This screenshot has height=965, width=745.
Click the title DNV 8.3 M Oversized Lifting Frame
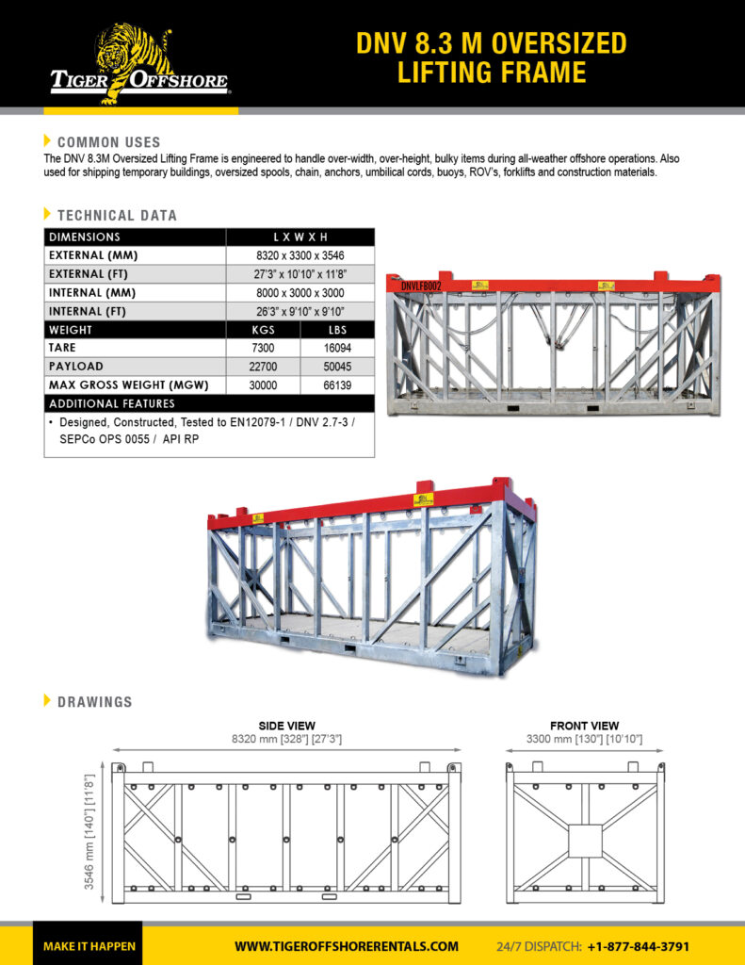coord(491,57)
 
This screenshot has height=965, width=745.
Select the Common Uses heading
coord(108,142)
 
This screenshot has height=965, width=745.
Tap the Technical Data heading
coord(116,216)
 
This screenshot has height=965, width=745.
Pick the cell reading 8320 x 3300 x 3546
coord(300,255)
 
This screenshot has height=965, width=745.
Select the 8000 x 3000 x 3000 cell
coord(300,293)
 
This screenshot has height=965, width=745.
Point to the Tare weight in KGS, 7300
coord(263,348)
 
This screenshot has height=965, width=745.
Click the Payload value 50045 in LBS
coord(337,367)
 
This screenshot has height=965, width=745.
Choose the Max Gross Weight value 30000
coord(263,384)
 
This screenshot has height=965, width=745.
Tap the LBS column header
coord(337,330)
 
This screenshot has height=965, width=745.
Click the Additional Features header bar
coord(208,403)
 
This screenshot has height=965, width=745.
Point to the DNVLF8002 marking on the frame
coord(421,286)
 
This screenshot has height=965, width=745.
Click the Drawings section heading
coord(94,702)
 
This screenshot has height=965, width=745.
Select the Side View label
coord(286,726)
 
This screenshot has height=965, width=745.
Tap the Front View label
coord(584,726)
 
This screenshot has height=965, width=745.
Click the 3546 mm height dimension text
coord(89,831)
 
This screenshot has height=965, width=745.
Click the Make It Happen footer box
coord(89,946)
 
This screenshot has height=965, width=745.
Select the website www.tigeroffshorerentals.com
coord(347,946)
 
